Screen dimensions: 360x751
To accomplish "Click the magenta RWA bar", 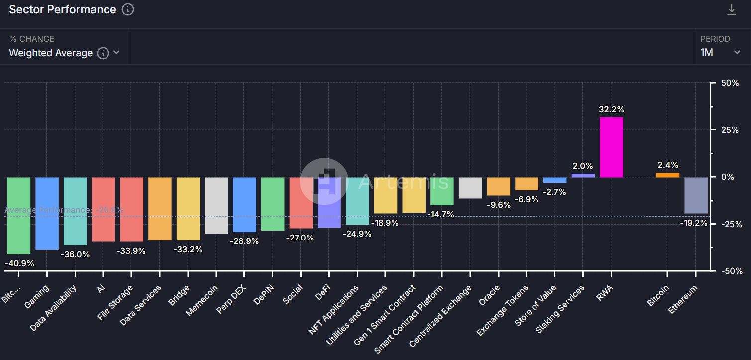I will point(611,147).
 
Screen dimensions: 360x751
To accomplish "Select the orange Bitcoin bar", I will point(668,175).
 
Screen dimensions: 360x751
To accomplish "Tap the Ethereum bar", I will point(696,195).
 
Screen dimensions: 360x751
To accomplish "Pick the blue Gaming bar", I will point(47,213).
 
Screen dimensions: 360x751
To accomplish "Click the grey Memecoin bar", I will point(216,205).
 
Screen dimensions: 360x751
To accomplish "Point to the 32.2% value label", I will point(612,109).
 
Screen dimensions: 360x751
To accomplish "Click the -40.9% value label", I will point(19,263).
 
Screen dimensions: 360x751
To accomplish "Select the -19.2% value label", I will point(694,223).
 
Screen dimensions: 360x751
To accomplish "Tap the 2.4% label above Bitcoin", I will point(668,165).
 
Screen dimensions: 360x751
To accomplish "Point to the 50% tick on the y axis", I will point(730,83).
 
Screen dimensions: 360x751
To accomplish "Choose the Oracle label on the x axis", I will point(490,295).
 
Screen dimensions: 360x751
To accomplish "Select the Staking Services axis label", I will point(560,309).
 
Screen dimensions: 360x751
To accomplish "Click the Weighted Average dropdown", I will point(64,53).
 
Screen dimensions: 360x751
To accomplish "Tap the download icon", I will point(731,9).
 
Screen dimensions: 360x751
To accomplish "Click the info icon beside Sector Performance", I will point(128,9).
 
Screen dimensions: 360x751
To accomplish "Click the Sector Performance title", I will point(63,9).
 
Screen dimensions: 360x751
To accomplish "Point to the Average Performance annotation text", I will point(64,210).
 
